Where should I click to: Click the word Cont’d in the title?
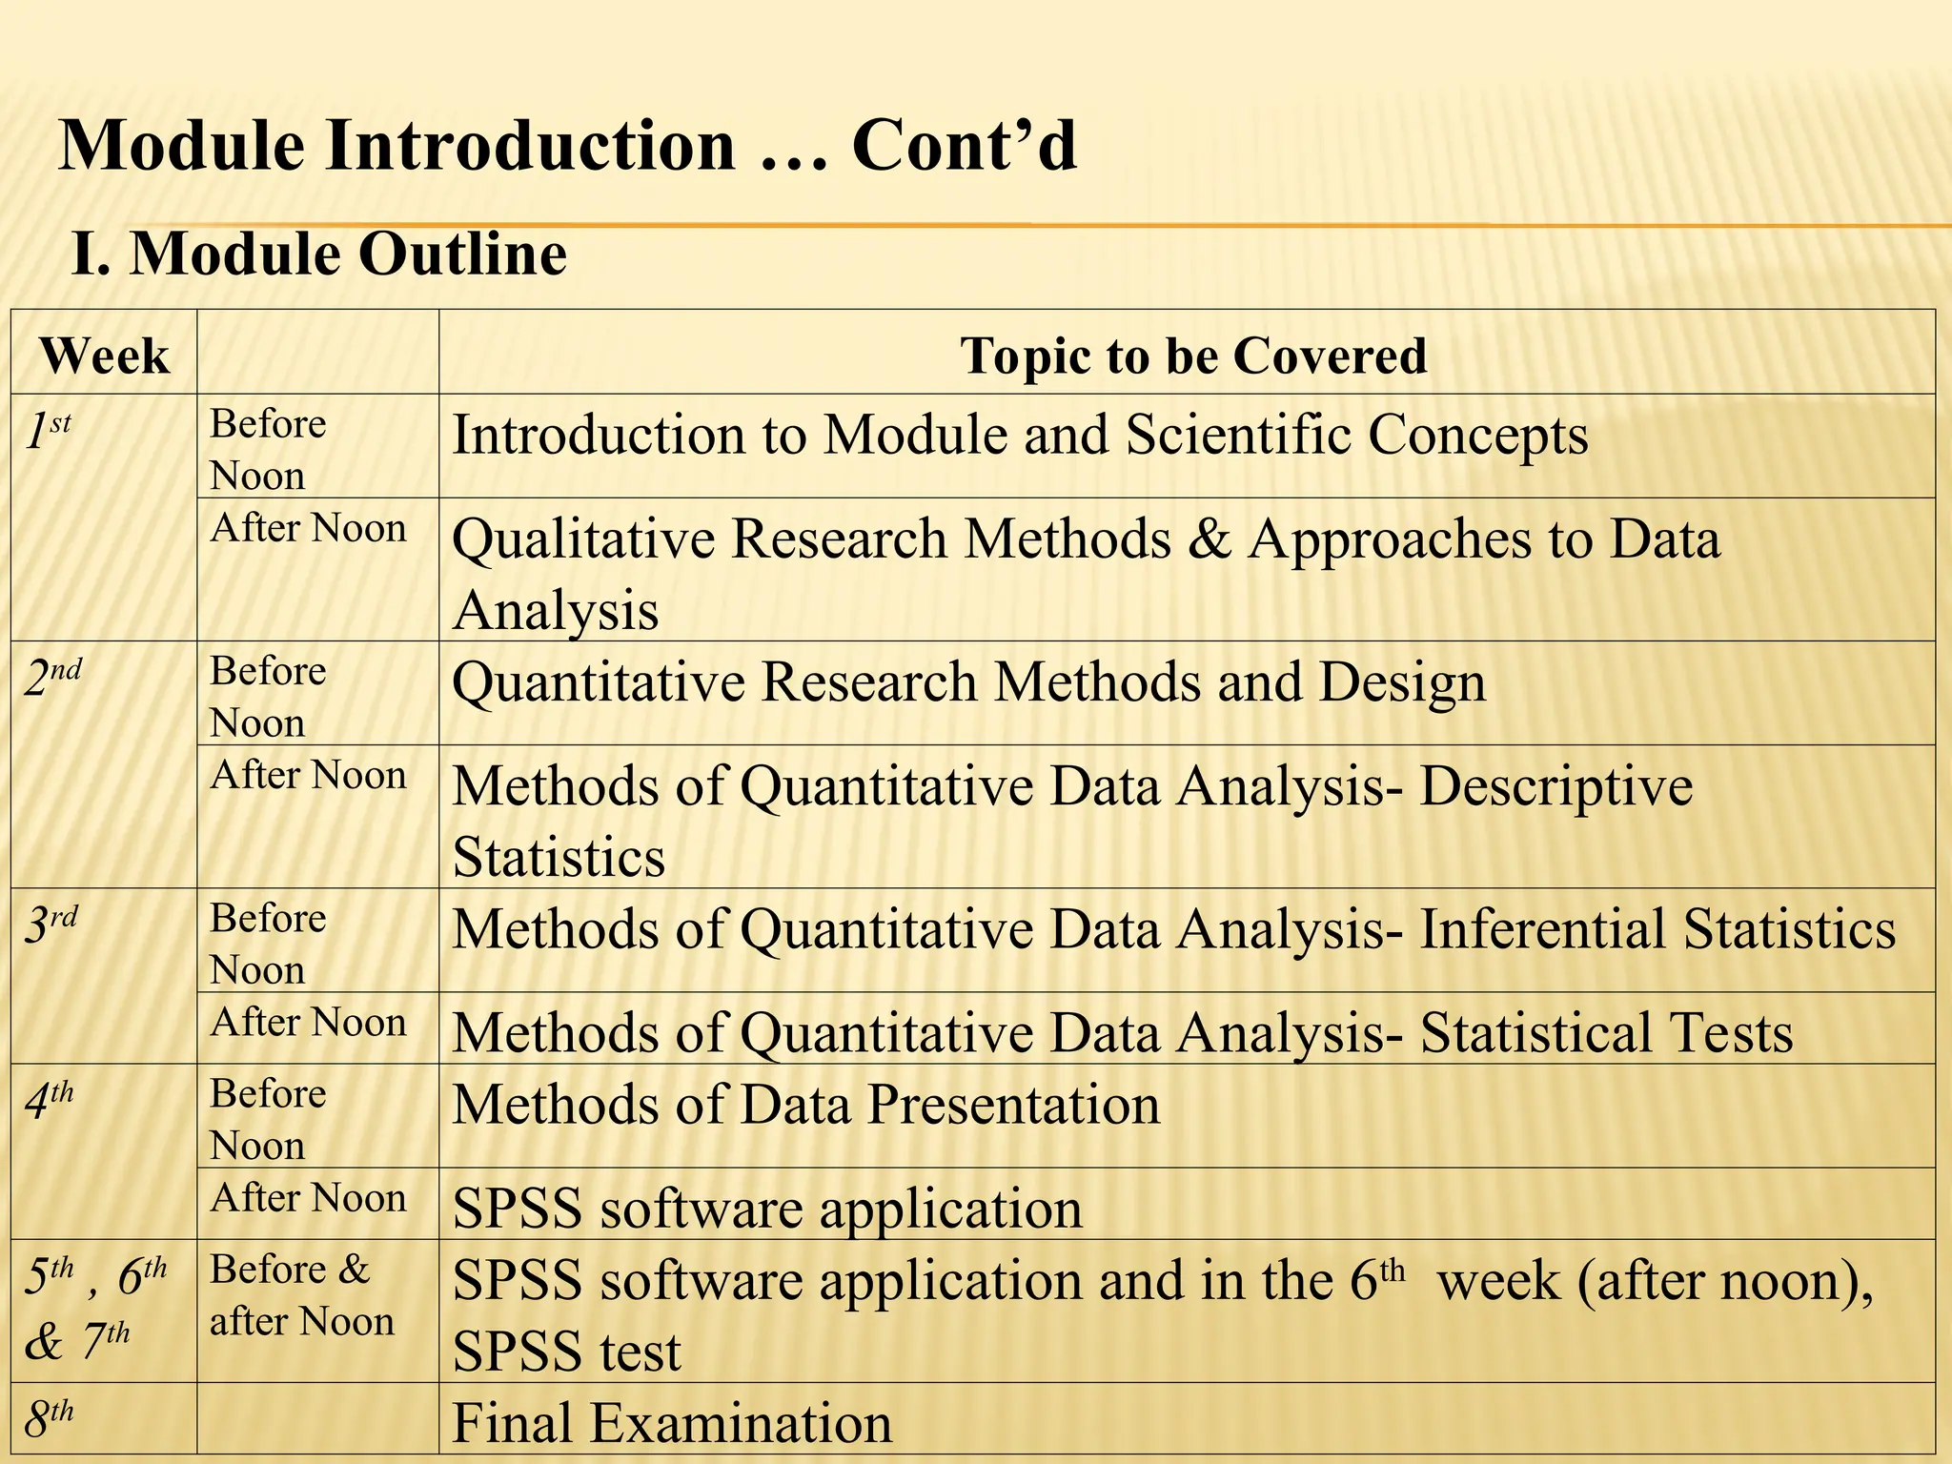tap(964, 146)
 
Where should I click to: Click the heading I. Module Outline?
tap(319, 254)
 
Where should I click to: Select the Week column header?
tap(105, 356)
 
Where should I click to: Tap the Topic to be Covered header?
tap(1193, 356)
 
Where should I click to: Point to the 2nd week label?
tap(52, 678)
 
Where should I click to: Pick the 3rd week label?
tap(51, 925)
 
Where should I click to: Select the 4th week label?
tap(49, 1100)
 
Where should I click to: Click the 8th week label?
tap(49, 1419)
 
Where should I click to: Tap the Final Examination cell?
tap(672, 1423)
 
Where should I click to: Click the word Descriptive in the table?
tap(1555, 787)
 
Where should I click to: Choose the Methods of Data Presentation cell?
tap(805, 1106)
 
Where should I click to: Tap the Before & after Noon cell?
tap(301, 1295)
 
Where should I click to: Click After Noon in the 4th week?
tap(308, 1198)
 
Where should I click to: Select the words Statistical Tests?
tap(1606, 1033)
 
